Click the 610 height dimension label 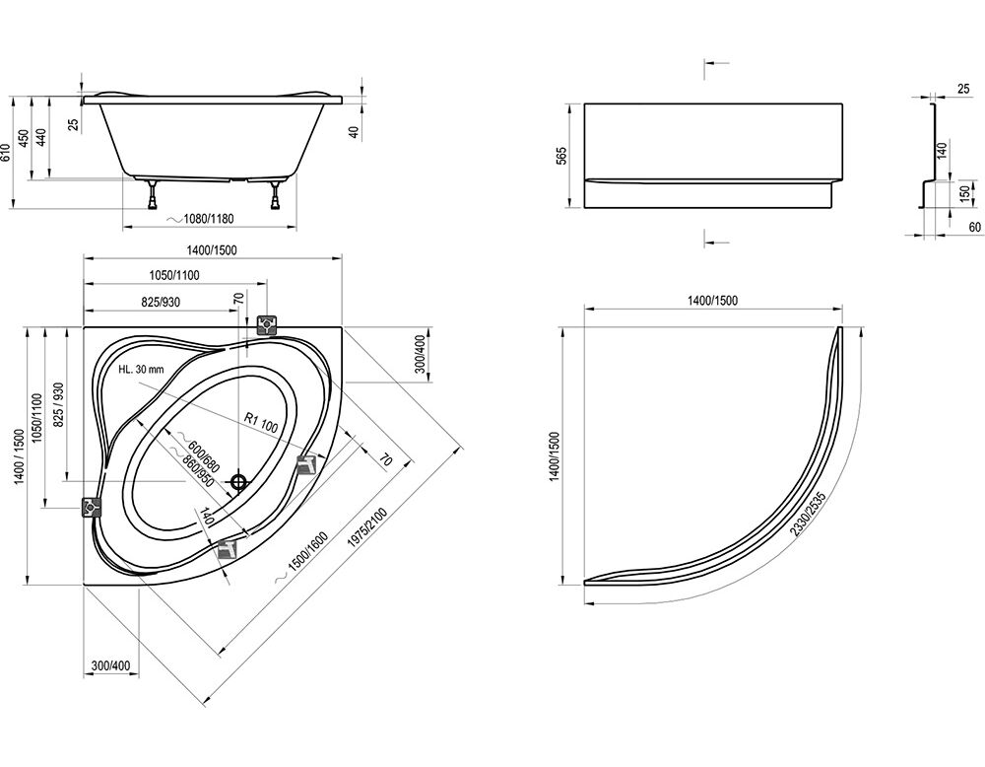6,153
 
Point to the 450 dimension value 24,138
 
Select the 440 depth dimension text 42,137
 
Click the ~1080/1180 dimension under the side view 201,219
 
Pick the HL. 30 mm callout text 141,369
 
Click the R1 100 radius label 261,423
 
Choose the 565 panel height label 561,156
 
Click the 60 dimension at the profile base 974,227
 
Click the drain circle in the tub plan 238,482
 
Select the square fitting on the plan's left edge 92,506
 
